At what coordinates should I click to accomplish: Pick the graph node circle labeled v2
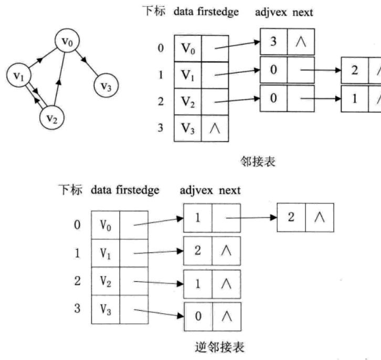click(x=51, y=117)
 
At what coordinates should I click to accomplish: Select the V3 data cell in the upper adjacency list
click(x=188, y=128)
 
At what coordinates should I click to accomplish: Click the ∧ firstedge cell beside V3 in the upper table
click(x=215, y=128)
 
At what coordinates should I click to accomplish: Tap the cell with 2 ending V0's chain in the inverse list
click(x=291, y=218)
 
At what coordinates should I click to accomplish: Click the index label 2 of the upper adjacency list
click(x=161, y=101)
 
